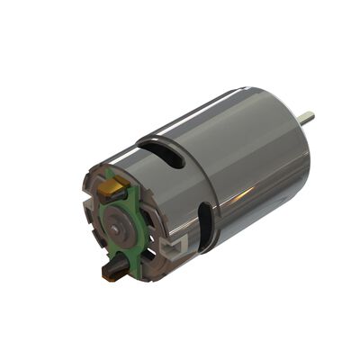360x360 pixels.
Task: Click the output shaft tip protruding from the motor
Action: click(308, 117)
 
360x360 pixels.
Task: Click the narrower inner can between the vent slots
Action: click(180, 193)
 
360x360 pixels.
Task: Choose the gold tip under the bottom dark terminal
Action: click(112, 276)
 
